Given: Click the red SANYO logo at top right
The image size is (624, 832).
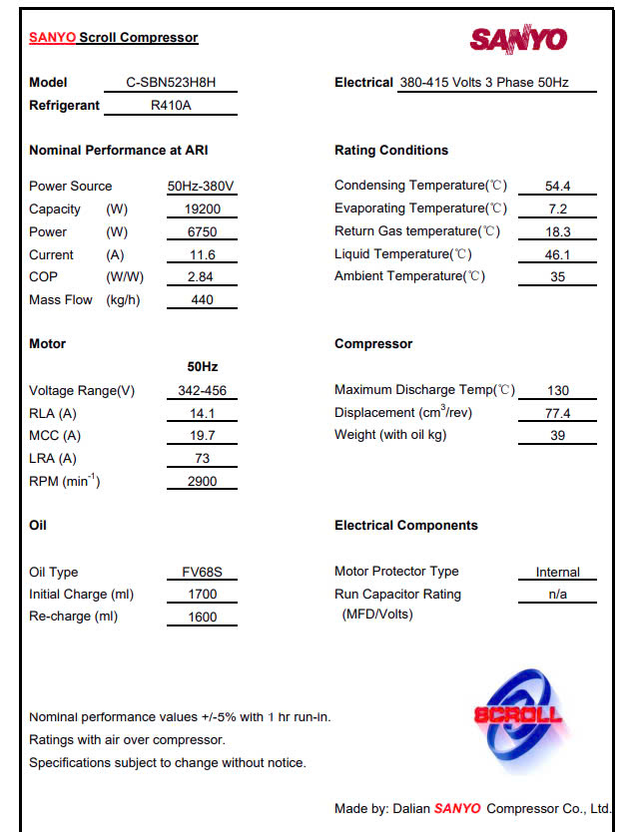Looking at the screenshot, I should coord(518,39).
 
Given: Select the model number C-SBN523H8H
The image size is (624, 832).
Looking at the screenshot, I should coord(171,83).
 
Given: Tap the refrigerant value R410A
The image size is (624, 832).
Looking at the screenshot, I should coord(171,105).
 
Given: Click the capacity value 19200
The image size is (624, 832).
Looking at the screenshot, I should coord(202,209).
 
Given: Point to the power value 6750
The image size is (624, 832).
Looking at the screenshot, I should coord(202,232).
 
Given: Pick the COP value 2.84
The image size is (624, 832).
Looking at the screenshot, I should coord(202,277).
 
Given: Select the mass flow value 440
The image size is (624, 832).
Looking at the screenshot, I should coord(202,300).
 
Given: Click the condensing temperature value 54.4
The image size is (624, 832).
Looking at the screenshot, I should coord(557,187).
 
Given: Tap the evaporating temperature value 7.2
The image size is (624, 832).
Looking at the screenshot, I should coord(557,209).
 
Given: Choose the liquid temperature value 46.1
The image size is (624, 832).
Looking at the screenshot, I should coord(557,254).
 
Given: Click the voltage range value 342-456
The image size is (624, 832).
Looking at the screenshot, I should coord(202,391).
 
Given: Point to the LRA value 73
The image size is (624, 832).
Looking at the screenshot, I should coord(202,459).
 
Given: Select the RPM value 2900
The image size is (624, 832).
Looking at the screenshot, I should coord(202,482).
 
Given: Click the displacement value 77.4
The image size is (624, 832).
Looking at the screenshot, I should coord(557,413).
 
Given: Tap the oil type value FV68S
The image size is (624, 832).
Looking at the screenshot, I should coord(202,573).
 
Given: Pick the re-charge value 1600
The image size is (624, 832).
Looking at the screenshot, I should coord(202,618).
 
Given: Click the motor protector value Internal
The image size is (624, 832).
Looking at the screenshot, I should coord(557,573).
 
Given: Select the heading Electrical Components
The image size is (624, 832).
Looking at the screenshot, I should coord(405,526).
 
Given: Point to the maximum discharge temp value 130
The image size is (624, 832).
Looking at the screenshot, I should coord(557,391).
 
